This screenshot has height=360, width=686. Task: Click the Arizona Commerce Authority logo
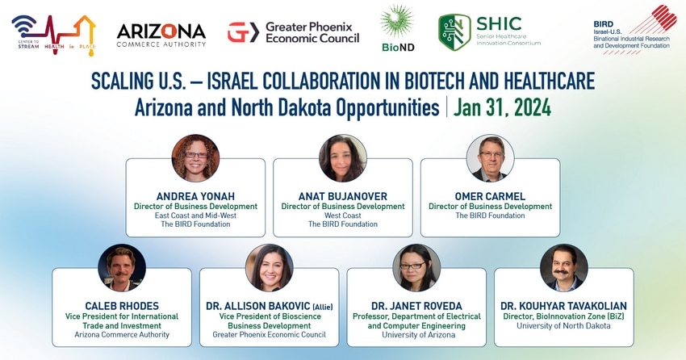pyautogui.click(x=161, y=35)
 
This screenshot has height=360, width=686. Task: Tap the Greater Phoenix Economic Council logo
pyautogui.click(x=293, y=32)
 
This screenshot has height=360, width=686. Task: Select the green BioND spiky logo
pyautogui.click(x=397, y=22)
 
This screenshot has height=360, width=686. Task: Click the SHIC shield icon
pyautogui.click(x=454, y=32)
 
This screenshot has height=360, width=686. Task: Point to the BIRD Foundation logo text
pyautogui.click(x=631, y=35)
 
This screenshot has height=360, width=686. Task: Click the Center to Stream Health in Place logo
pyautogui.click(x=54, y=35)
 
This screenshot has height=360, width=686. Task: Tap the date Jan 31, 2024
pyautogui.click(x=502, y=107)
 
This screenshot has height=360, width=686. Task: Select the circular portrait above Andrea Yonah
pyautogui.click(x=195, y=158)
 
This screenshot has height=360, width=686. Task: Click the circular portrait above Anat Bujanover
pyautogui.click(x=343, y=158)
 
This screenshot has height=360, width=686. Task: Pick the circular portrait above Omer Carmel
pyautogui.click(x=491, y=158)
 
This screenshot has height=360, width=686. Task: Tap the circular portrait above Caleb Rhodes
pyautogui.click(x=122, y=267)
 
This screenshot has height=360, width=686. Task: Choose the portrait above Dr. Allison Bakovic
pyautogui.click(x=270, y=267)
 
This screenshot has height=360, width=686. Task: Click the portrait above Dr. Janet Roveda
pyautogui.click(x=417, y=267)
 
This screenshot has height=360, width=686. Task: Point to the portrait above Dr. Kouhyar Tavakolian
pyautogui.click(x=564, y=267)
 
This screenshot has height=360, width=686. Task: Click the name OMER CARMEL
pyautogui.click(x=490, y=196)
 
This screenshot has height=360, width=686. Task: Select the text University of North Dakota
pyautogui.click(x=563, y=326)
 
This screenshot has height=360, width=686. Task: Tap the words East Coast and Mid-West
pyautogui.click(x=195, y=216)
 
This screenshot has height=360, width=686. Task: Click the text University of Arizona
pyautogui.click(x=419, y=335)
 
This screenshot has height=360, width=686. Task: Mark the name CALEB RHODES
pyautogui.click(x=122, y=306)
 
